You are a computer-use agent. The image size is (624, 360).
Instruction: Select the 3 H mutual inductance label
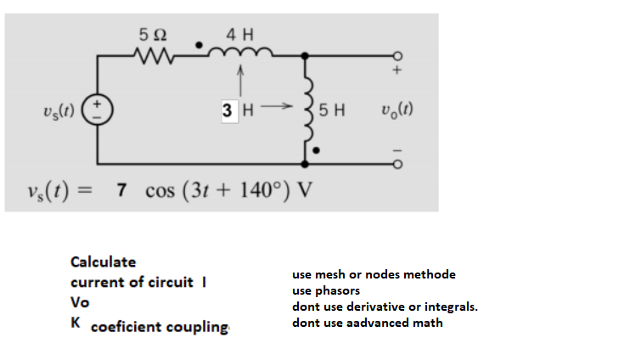tap(237, 110)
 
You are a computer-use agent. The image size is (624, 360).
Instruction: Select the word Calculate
tap(103, 262)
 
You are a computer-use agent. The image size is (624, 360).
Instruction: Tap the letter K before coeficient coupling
tap(76, 323)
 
